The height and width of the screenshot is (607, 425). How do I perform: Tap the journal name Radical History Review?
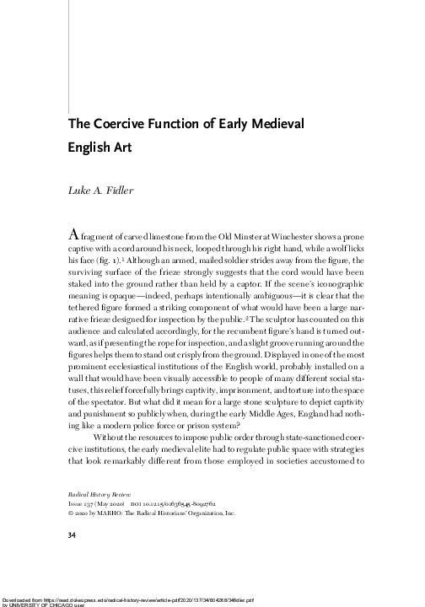(x=99, y=489)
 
